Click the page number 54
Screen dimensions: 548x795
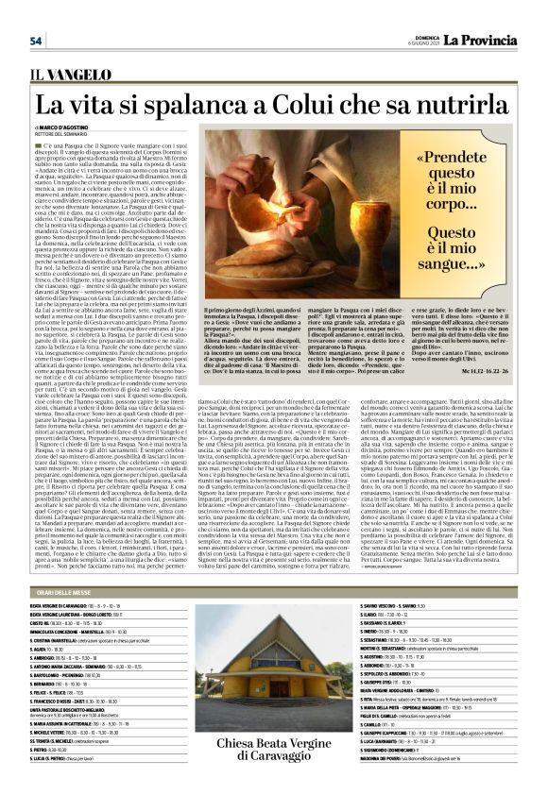click(36, 41)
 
